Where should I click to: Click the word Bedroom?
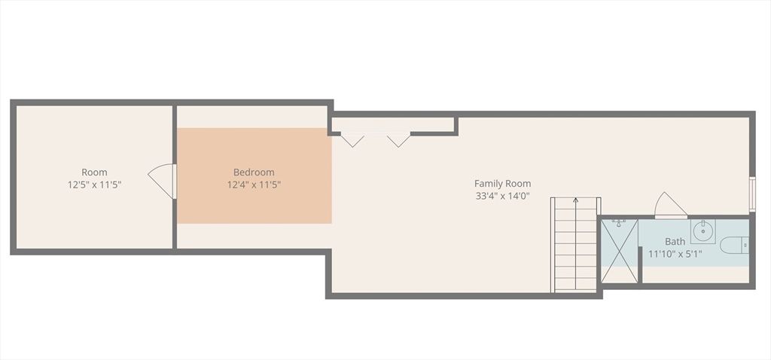(x=254, y=172)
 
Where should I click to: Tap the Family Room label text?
(x=502, y=183)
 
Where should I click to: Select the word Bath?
(x=675, y=242)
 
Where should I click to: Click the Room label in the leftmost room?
(x=94, y=172)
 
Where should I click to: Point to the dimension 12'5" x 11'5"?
(x=94, y=184)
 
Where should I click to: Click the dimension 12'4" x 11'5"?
(x=254, y=184)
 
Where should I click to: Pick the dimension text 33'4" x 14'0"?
(x=502, y=195)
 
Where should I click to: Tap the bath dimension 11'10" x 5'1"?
(x=675, y=254)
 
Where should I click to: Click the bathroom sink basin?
(x=702, y=228)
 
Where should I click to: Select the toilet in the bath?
(x=734, y=245)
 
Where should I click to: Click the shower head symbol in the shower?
(x=618, y=223)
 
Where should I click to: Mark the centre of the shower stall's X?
(x=620, y=250)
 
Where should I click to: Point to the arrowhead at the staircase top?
(x=576, y=200)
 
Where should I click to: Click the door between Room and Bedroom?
(x=163, y=181)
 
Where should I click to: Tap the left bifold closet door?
(x=352, y=139)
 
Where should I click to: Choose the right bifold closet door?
(x=398, y=139)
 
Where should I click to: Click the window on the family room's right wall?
(x=751, y=194)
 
